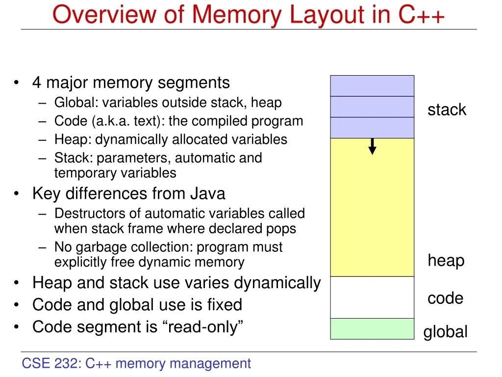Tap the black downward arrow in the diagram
tap(372, 146)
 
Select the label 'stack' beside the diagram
tap(447, 109)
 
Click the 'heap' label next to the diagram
tap(446, 260)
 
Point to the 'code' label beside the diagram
tap(445, 298)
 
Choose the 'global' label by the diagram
tap(445, 332)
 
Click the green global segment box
tap(372, 329)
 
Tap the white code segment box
tap(372, 297)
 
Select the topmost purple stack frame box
tap(372, 86)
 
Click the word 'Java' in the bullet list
tap(208, 193)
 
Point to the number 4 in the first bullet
tap(37, 82)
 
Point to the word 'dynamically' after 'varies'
tap(277, 283)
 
